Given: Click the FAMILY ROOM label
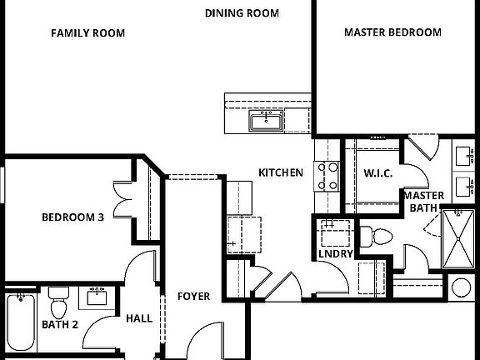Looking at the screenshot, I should tap(87, 33).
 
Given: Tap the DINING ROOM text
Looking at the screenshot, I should tap(242, 13).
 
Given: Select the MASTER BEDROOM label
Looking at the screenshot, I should tap(392, 32).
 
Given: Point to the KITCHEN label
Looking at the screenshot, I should tap(280, 172).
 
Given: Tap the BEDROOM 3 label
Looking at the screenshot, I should tap(72, 217).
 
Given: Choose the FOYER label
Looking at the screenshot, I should tap(193, 297).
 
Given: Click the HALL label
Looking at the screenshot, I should tap(138, 317).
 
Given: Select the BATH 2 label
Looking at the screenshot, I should tap(60, 324).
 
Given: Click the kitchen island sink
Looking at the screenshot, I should tap(266, 123).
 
